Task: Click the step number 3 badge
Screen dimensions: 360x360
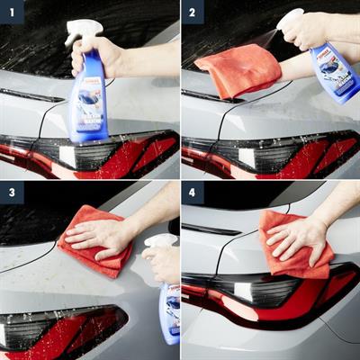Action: (11, 192)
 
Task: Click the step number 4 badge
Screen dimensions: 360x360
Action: (192, 192)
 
